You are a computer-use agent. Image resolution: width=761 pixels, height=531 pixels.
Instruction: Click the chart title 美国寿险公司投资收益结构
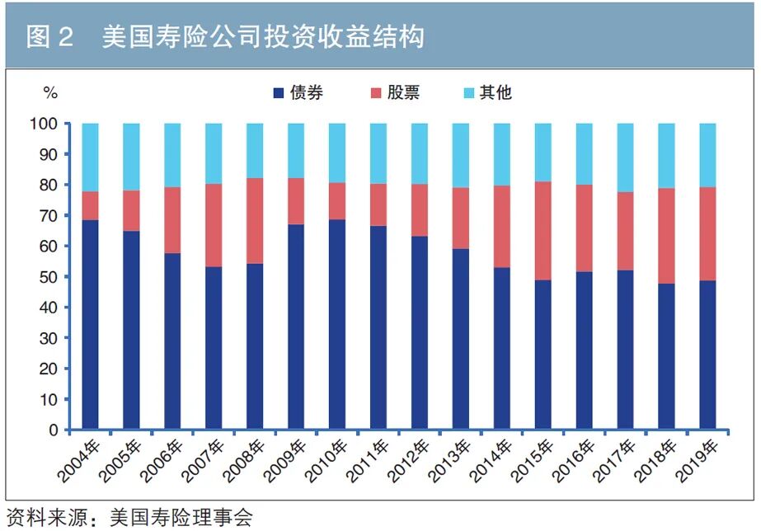click(x=263, y=37)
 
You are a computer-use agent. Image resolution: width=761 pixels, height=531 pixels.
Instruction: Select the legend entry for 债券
click(x=298, y=92)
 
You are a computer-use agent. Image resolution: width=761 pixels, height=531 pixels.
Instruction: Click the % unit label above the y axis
click(x=50, y=93)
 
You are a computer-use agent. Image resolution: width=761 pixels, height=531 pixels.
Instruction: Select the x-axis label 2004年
click(x=78, y=460)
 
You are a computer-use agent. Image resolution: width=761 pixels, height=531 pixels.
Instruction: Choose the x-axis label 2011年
click(x=366, y=460)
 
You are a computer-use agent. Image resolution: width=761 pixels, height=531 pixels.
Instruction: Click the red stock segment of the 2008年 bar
click(x=255, y=221)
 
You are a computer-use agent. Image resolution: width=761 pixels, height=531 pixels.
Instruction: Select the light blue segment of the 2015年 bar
click(x=543, y=153)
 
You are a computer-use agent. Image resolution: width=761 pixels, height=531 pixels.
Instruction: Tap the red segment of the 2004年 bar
click(x=90, y=206)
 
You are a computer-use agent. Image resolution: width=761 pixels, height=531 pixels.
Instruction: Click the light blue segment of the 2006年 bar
click(x=172, y=155)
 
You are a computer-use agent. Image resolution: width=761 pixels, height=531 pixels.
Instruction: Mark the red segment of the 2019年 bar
click(x=708, y=234)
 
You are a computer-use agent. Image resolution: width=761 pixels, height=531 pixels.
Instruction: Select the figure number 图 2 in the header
click(x=50, y=37)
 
